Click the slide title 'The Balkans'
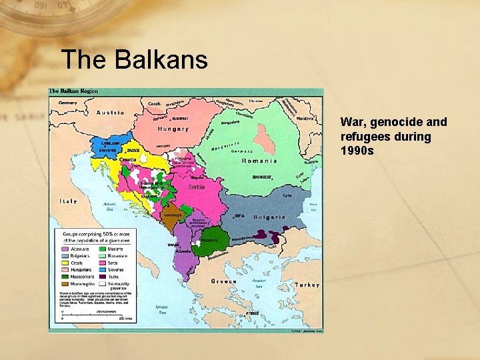tap(134, 59)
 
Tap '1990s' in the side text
tap(357, 151)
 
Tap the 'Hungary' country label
tap(173, 129)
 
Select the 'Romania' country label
tap(259, 161)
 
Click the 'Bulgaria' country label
tap(269, 217)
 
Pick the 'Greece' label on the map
tap(224, 281)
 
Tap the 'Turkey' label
tap(307, 284)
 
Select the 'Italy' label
tap(68, 201)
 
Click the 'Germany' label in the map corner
tap(67, 103)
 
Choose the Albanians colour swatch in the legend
tap(65, 249)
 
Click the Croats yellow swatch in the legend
tap(65, 263)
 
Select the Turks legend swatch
tap(103, 277)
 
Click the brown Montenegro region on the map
tap(171, 218)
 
